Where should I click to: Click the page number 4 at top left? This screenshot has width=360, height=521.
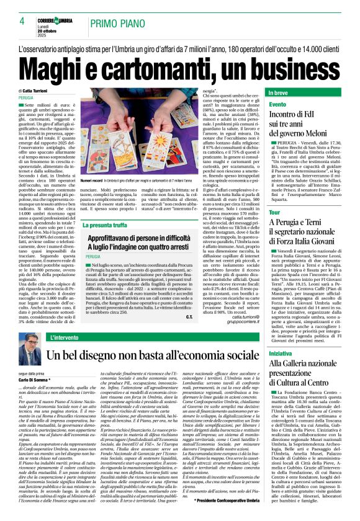point(22,21)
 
